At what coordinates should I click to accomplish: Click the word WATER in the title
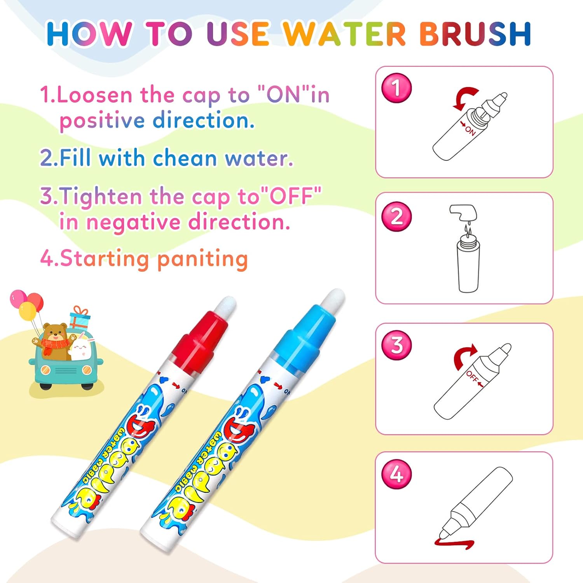344,34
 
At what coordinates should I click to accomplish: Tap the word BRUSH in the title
475,34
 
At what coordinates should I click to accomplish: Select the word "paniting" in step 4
202,259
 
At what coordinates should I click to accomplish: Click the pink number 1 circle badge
396,88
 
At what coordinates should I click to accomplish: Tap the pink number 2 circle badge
396,216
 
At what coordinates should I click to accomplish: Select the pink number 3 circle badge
396,345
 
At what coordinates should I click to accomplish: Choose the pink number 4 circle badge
396,474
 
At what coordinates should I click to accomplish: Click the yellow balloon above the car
27,311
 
